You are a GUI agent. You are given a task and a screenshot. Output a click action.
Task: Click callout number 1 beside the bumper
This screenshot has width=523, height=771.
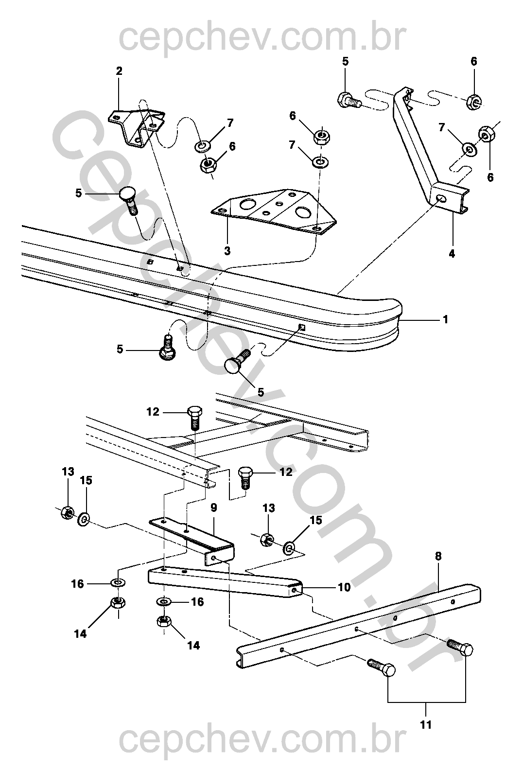click(x=446, y=320)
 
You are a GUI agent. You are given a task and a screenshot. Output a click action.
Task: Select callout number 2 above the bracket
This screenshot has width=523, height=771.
click(x=119, y=71)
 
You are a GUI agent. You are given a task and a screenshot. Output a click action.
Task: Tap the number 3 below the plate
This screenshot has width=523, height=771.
click(x=227, y=251)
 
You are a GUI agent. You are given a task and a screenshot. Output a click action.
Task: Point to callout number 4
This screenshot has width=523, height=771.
click(x=452, y=254)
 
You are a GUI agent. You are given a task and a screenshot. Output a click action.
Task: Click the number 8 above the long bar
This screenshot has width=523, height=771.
click(x=438, y=556)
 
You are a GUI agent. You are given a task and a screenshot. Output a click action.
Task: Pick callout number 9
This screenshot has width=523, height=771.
click(x=214, y=508)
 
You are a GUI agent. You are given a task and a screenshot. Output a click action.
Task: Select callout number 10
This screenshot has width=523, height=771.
click(x=344, y=587)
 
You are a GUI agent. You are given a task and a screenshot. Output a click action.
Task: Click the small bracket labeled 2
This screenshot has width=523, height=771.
click(x=137, y=128)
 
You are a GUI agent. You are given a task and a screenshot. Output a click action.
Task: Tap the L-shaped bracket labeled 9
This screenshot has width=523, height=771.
click(x=192, y=539)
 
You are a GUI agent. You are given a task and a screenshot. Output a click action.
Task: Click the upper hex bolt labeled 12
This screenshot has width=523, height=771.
click(x=194, y=418)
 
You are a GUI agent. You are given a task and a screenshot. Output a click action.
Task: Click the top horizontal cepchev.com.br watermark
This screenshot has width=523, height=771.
click(x=262, y=38)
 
